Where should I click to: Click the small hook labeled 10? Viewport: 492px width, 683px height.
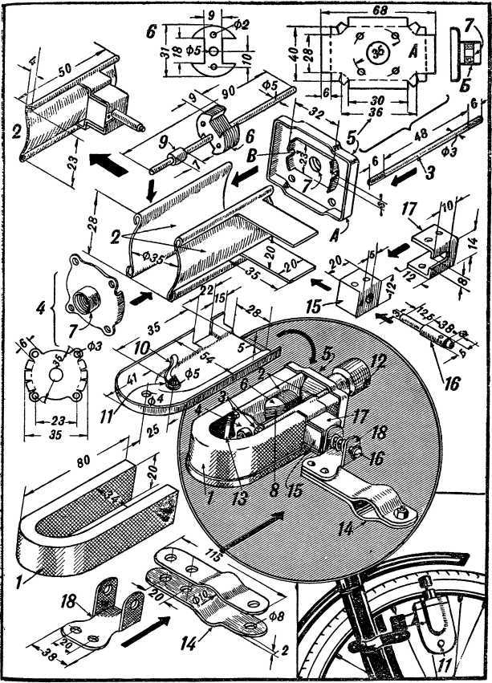tap(170, 368)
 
